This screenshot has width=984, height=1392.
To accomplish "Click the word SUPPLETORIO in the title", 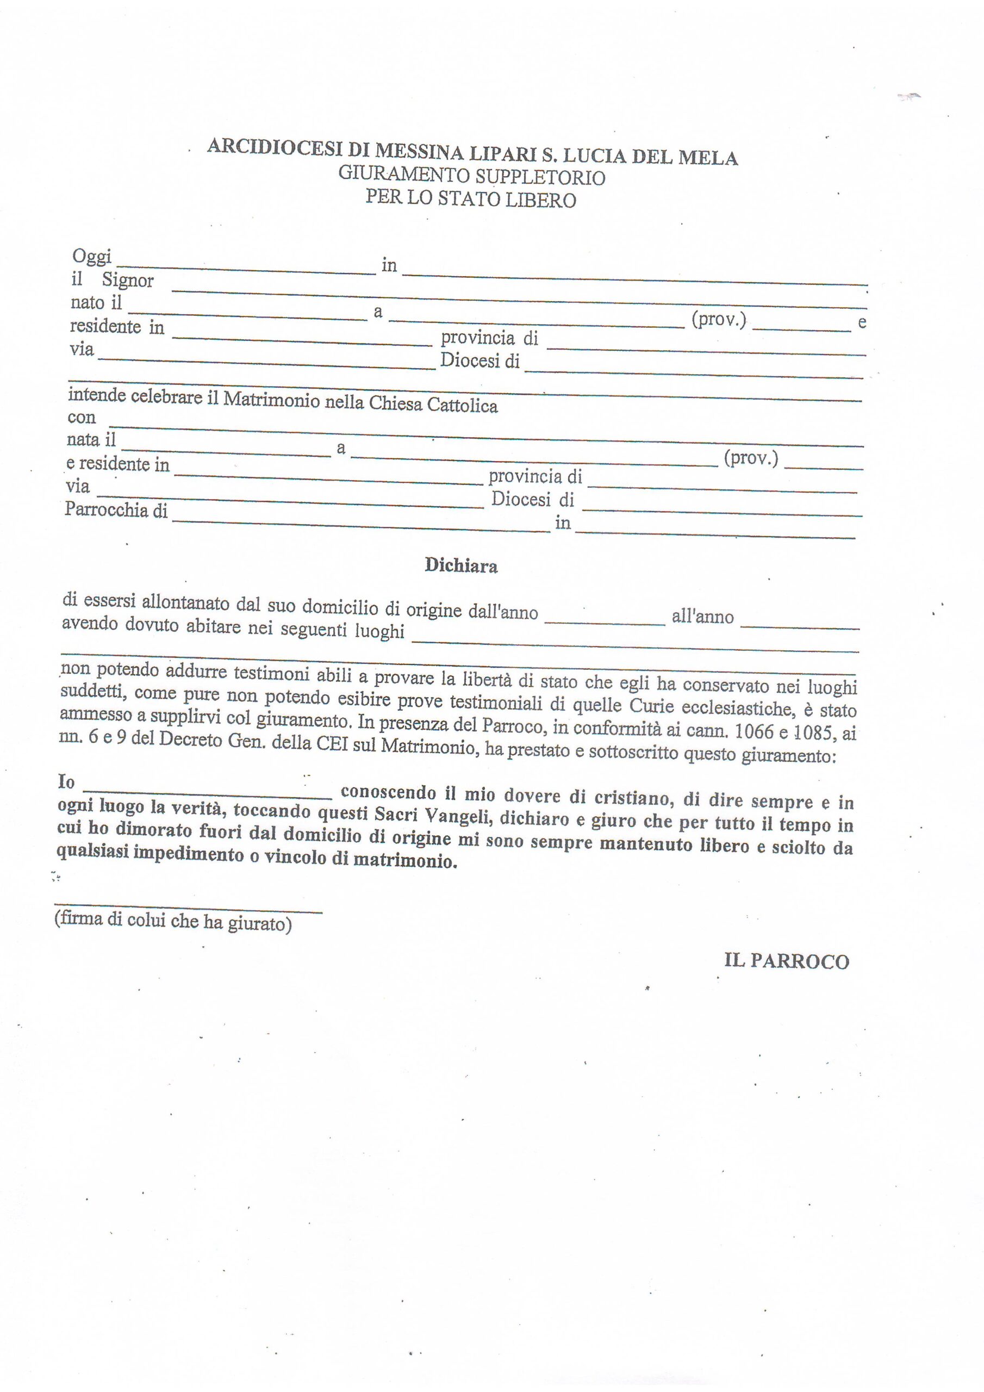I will pos(540,178).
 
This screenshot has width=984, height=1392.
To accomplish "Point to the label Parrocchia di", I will pos(116,510).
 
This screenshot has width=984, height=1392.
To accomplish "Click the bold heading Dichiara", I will pos(461,565).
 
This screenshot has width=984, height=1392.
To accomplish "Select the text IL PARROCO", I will pos(786,961).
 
